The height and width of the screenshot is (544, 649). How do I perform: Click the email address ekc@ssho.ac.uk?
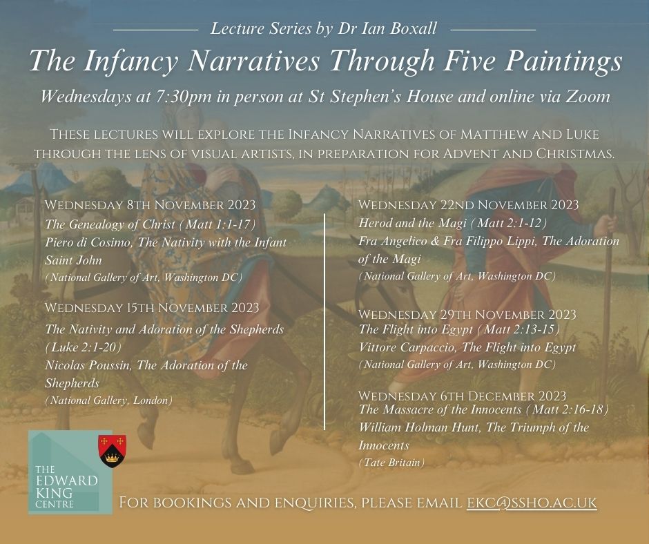click(x=532, y=503)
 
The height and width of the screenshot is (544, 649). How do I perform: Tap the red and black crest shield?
click(x=112, y=451)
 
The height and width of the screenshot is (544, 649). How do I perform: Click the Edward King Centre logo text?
click(x=66, y=487)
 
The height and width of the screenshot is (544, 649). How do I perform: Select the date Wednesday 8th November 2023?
click(x=151, y=205)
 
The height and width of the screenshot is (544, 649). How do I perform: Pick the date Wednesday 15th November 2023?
click(x=152, y=308)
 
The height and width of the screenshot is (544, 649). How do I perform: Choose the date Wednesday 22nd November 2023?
click(x=468, y=205)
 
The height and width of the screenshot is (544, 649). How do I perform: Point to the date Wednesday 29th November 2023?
click(x=467, y=315)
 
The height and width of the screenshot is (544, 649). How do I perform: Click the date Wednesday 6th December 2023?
click(x=462, y=396)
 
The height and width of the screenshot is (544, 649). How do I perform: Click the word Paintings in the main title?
click(x=563, y=61)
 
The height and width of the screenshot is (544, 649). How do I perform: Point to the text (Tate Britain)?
click(x=391, y=463)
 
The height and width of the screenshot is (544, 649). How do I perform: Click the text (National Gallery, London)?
click(x=108, y=400)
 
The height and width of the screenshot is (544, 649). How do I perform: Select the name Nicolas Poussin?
click(x=87, y=365)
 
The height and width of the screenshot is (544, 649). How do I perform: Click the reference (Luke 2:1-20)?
click(x=83, y=347)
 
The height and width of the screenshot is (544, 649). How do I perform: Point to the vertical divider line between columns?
click(x=324, y=322)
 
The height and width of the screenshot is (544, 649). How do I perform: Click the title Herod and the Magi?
click(x=412, y=223)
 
